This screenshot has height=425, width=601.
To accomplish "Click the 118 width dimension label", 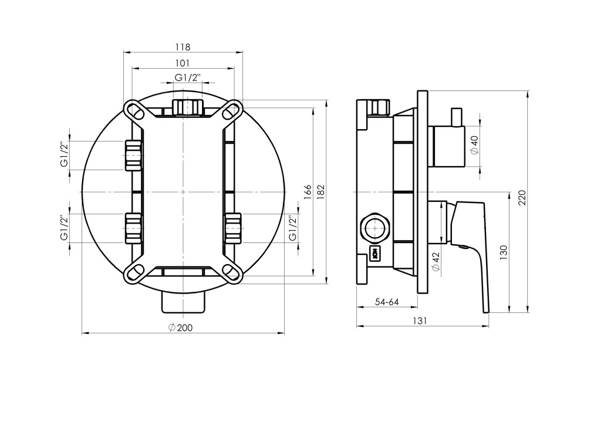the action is pos(183,47).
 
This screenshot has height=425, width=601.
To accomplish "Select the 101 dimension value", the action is pos(183,63).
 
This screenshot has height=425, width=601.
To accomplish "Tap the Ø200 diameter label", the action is pos(180,328).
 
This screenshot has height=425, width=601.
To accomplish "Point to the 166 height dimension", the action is pos(307,192).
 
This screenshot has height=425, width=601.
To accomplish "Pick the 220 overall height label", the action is pos(522,197).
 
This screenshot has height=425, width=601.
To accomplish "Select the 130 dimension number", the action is pos(504,253).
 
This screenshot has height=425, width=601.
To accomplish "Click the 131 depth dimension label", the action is pos(420,321).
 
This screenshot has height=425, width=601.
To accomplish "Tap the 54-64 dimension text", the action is pos(387,302).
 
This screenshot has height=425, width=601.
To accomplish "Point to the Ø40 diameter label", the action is pos(474,145).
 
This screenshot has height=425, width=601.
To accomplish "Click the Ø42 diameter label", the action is pos(436,261).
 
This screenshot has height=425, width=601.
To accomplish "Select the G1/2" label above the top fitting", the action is pos(188,77).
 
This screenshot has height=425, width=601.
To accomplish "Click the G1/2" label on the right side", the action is pos(293,228).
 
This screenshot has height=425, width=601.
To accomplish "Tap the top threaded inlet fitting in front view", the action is pos(187,107).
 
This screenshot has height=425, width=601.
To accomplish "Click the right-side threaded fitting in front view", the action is pos(233,228).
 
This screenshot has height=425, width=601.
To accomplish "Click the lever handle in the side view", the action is pos(470,255).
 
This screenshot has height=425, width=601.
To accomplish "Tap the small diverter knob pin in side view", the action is pos(457,117).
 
